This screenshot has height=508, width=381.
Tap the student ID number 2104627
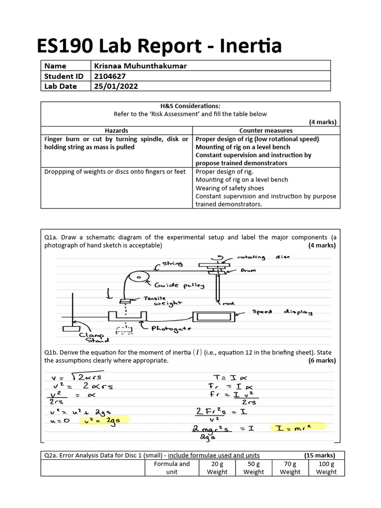coord(109,76)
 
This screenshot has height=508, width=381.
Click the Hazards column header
coord(116,130)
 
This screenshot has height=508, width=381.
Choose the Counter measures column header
coord(266,130)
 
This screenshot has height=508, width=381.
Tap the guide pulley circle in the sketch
coord(138,275)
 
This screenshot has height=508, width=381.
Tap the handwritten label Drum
coord(250,271)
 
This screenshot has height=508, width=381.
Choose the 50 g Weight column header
coord(254,468)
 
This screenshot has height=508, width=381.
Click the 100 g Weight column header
coord(326,468)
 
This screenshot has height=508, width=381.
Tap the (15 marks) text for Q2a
coord(319,455)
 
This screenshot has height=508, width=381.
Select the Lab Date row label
coord(61,86)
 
